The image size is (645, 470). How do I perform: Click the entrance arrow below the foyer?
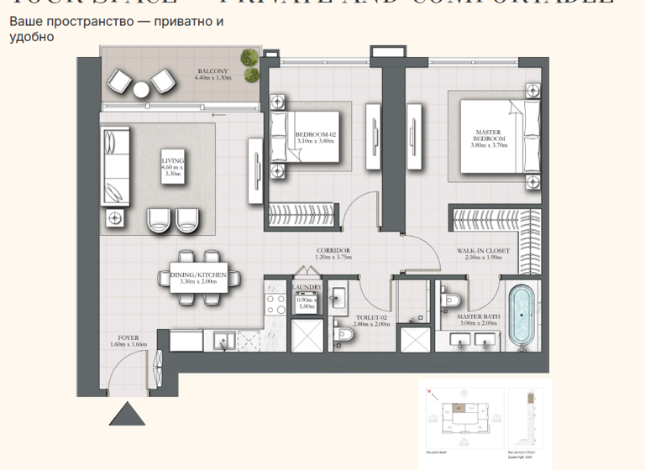(128, 414)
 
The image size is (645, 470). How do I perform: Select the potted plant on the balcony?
(249, 59)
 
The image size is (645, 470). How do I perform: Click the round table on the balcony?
(140, 88)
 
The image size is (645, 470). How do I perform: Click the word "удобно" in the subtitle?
(32, 37)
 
